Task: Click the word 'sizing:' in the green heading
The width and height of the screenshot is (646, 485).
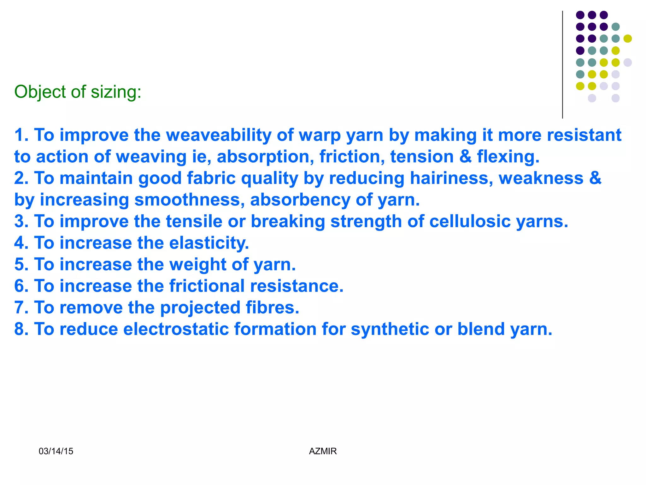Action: coord(116,92)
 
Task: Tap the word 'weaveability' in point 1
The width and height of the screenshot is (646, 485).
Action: coord(218,135)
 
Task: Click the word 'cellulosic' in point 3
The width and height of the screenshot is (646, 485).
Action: coord(470,221)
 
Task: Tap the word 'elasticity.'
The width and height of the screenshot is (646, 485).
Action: coord(209,243)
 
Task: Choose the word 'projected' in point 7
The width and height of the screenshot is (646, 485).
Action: coord(200,308)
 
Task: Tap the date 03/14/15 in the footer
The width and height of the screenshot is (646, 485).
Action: coord(56,451)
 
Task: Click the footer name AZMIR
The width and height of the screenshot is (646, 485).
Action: coord(323,451)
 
